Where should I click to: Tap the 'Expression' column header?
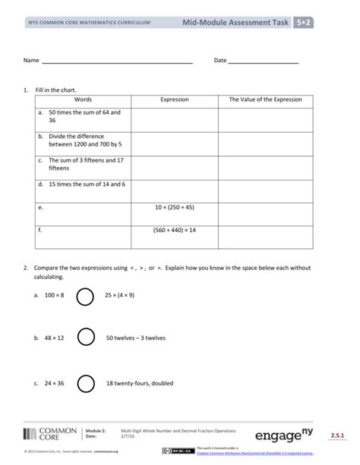pyautogui.click(x=175, y=99)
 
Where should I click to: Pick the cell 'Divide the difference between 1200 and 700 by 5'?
pyautogui.click(x=85, y=140)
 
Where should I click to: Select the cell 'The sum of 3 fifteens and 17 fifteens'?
pyautogui.click(x=86, y=164)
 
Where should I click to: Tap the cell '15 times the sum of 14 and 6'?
pyautogui.click(x=87, y=184)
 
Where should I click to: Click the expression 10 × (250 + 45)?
pyautogui.click(x=175, y=206)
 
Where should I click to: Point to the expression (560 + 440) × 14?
pyautogui.click(x=175, y=229)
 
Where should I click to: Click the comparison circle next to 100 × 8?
pyautogui.click(x=85, y=294)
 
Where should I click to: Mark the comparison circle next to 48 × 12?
pyautogui.click(x=85, y=338)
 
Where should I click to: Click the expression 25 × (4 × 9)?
pyautogui.click(x=120, y=294)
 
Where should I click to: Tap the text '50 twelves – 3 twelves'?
pyautogui.click(x=135, y=338)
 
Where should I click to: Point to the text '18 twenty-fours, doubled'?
pyautogui.click(x=140, y=383)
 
